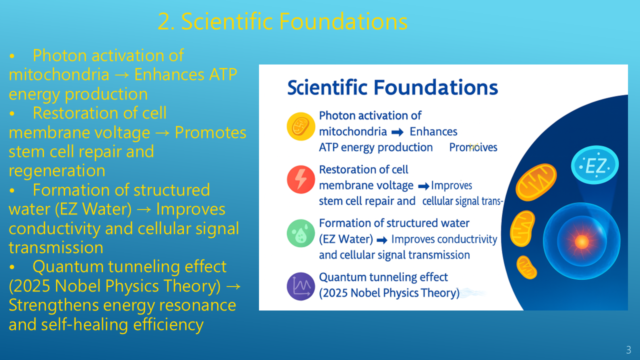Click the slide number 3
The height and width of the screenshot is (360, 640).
point(628,350)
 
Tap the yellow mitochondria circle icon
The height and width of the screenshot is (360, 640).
point(301,126)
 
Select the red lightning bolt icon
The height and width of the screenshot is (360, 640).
point(301,179)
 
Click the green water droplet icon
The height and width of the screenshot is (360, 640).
point(301,233)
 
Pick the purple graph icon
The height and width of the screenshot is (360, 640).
point(301,286)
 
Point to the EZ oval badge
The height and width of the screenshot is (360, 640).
point(595,165)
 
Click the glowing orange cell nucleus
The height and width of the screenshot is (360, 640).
point(581,241)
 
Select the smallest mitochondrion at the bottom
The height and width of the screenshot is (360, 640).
point(526,267)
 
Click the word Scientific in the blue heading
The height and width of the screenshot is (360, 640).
point(327,87)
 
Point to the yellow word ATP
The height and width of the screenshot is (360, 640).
point(223,74)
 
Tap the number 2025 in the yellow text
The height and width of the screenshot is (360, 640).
point(31,285)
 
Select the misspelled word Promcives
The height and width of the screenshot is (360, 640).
point(473,147)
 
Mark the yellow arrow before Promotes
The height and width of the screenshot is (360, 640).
point(162,133)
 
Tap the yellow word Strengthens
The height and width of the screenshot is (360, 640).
point(53,305)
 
